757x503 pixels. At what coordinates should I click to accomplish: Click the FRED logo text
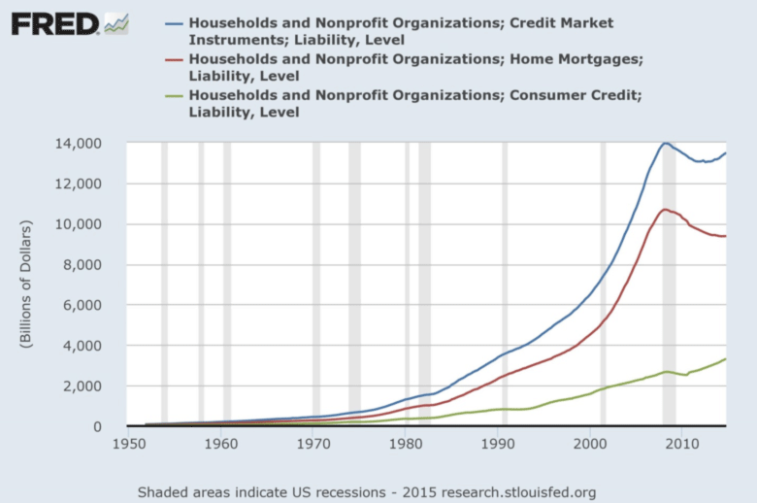tap(55, 22)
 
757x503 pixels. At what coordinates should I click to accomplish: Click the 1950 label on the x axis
tap(128, 445)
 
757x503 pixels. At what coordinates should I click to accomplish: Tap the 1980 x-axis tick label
tap(406, 445)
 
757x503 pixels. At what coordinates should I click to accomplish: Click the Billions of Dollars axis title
tap(26, 285)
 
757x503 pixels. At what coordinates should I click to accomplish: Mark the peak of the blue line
tap(665, 143)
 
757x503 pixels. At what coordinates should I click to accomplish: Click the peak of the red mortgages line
tap(664, 209)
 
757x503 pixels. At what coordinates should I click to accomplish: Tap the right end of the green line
tap(725, 359)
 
